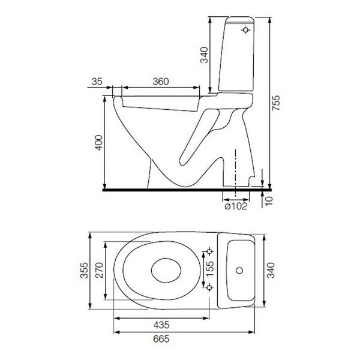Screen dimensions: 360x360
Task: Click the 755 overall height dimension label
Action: coord(276,103)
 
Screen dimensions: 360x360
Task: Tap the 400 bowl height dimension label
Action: coord(99,143)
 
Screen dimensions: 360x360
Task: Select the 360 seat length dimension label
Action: coord(161,82)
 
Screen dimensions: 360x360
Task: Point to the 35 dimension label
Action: coord(97,82)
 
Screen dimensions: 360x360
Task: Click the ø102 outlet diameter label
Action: coord(236,206)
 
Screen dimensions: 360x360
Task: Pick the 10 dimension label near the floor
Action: coord(269,201)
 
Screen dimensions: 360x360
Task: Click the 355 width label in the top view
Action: coord(84,271)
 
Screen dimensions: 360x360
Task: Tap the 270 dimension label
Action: coord(100,270)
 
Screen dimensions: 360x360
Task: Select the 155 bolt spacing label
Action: coord(209,269)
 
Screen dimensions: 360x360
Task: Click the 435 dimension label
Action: coord(161,325)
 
